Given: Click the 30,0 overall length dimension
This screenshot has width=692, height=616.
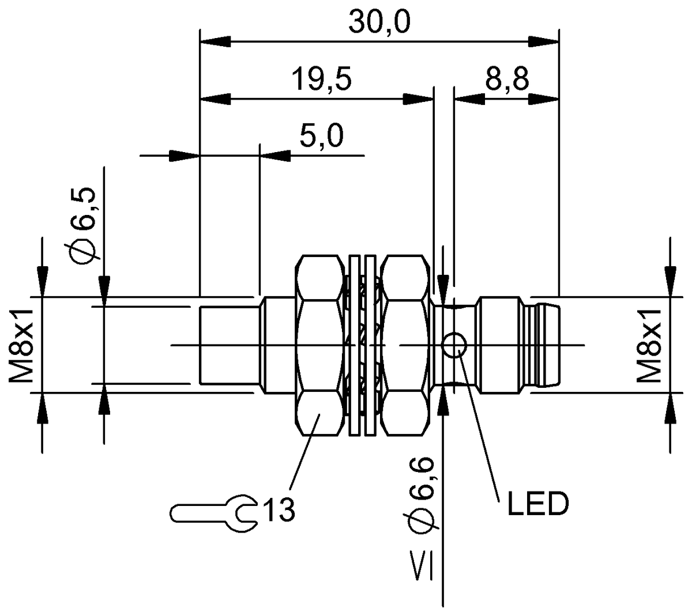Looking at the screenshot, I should tap(379, 22).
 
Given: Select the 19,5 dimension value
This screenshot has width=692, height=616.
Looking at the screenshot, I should tap(321, 80).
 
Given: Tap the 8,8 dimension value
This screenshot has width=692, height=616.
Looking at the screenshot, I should tap(507, 80).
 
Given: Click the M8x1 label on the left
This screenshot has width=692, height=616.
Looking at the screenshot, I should tap(22, 345).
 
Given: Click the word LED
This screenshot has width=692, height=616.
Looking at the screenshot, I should tap(537, 504).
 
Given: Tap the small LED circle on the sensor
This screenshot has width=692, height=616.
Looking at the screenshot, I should tap(454, 345).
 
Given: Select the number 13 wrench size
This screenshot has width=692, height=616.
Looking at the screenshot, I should tap(279, 511).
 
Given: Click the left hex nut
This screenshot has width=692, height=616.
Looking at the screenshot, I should tap(318, 345).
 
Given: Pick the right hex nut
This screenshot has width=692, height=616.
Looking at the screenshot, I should tap(407, 345).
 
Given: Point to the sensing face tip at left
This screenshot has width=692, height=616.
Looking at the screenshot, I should tap(228, 345).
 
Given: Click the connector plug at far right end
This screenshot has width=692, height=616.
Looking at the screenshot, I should tap(548, 345).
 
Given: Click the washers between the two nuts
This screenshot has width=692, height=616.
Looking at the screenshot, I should tap(363, 345).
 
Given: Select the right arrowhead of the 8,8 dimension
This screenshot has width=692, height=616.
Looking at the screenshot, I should tap(544, 99).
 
